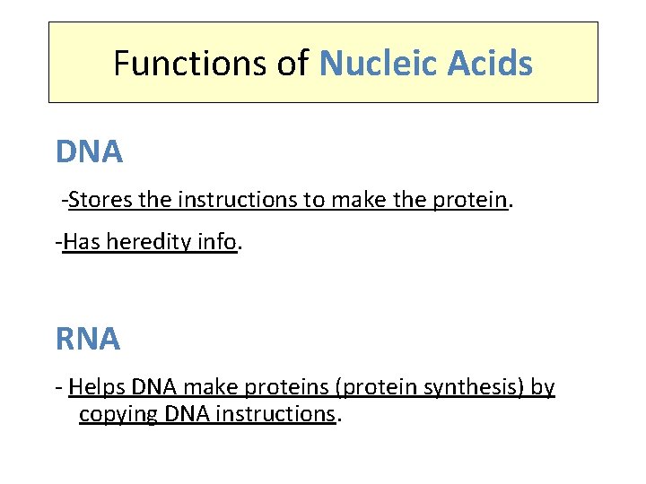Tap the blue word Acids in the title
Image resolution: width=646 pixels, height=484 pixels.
click(492, 64)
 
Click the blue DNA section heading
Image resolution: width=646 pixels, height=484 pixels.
click(89, 152)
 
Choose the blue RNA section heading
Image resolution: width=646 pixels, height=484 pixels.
click(87, 339)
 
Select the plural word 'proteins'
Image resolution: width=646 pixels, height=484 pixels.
click(268, 387)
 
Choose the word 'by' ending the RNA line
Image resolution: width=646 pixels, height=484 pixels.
click(543, 387)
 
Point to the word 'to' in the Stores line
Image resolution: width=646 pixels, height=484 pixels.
click(314, 199)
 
